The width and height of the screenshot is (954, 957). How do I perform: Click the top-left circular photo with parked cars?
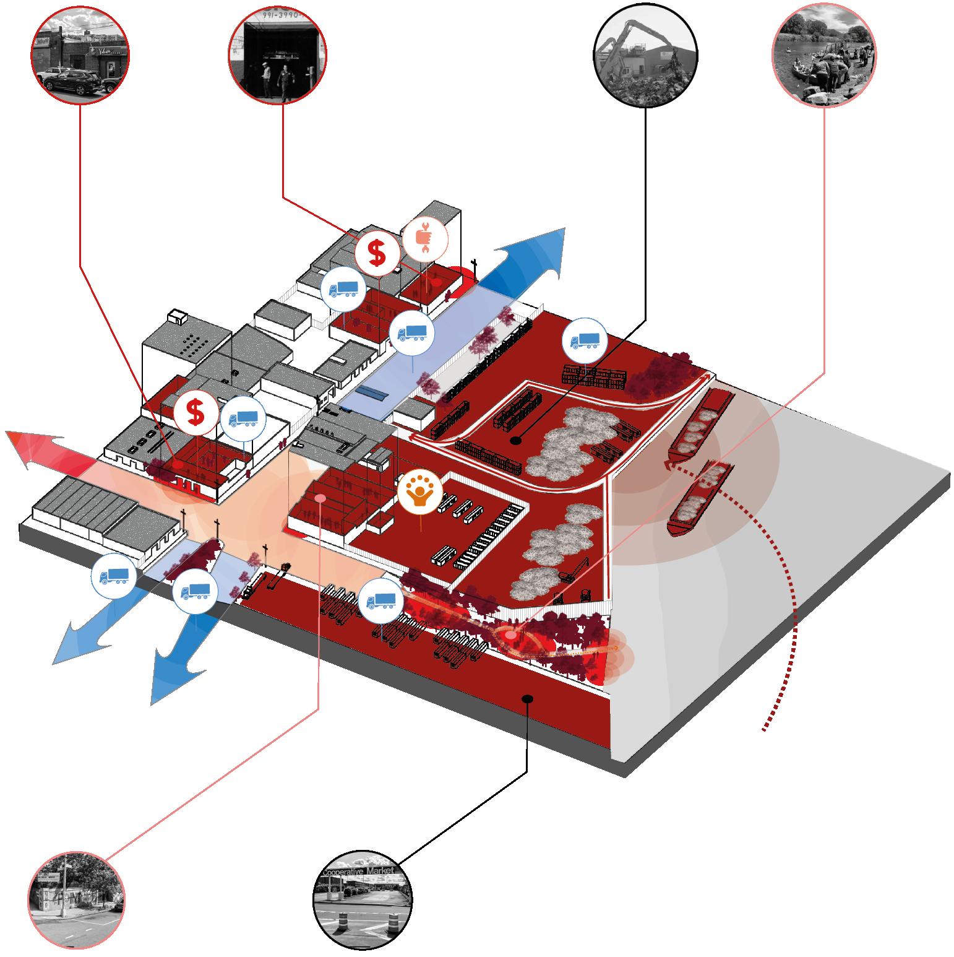click(x=80, y=55)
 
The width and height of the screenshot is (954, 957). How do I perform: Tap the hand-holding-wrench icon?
click(x=424, y=238)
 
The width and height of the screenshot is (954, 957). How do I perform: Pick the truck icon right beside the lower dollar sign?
click(x=243, y=419)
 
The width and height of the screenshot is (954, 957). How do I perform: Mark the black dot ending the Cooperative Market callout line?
click(x=527, y=699)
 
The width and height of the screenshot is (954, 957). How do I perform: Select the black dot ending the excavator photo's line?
click(x=515, y=441)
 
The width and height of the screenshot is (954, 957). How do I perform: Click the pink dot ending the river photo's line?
click(x=510, y=636)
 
